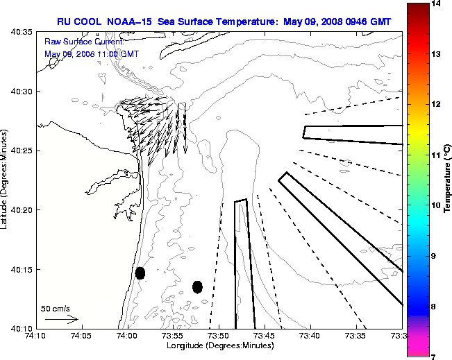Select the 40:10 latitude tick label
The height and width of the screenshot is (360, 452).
pyautogui.click(x=19, y=328)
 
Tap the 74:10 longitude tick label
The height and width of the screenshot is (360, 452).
pyautogui.click(x=35, y=336)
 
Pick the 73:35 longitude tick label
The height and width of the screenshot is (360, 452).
pyautogui.click(x=357, y=336)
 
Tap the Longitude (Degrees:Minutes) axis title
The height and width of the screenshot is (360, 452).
pyautogui.click(x=219, y=346)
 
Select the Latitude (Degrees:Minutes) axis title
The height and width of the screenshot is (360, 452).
pyautogui.click(x=6, y=180)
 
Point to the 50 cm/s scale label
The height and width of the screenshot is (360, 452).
pyautogui.click(x=56, y=309)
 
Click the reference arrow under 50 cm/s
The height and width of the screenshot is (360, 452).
pyautogui.click(x=61, y=320)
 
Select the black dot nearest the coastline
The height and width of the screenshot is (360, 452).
pyautogui.click(x=140, y=273)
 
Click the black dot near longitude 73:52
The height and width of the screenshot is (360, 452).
pyautogui.click(x=197, y=286)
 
